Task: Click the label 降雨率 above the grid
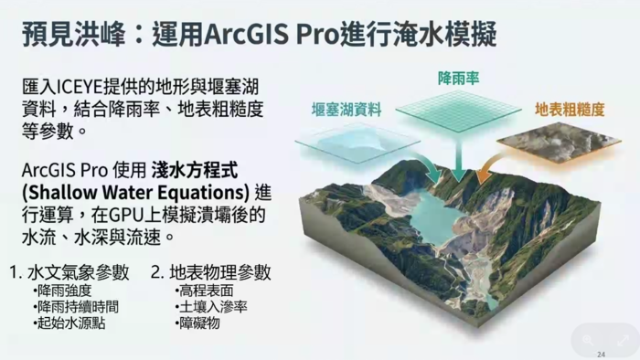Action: (458, 79)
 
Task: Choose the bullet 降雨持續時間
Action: (79, 307)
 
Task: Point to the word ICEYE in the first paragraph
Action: (85, 87)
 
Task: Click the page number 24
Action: (601, 354)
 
